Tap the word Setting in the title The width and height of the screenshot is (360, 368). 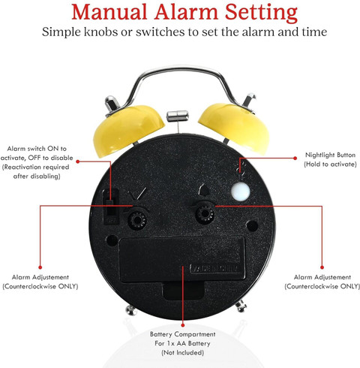261,14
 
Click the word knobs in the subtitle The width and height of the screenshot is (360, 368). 100,32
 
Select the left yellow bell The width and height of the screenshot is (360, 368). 128,129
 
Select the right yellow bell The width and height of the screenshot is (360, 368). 235,127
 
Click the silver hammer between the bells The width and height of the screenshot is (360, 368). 178,116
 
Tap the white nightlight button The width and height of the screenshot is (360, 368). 240,192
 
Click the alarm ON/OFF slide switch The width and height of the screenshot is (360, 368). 111,207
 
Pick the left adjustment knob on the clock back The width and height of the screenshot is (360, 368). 137,220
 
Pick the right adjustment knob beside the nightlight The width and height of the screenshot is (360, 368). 205,213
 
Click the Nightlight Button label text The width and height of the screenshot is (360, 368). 330,159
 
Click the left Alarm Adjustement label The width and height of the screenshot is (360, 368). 40,282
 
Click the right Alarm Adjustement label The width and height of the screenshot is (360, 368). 322,282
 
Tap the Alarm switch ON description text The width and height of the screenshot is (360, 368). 37,162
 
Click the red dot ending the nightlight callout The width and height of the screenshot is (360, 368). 295,158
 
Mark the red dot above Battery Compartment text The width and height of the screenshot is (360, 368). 183,325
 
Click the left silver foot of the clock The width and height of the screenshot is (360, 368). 131,310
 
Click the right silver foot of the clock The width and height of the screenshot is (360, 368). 241,306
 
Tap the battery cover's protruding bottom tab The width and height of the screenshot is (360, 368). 184,291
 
